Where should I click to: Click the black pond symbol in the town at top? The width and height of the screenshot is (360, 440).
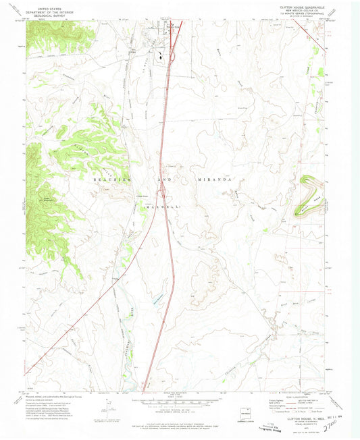click(x=159, y=57)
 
